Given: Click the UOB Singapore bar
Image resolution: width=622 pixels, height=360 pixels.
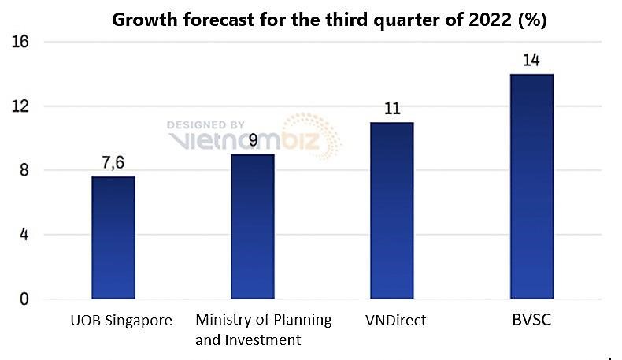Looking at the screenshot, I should tap(113, 238).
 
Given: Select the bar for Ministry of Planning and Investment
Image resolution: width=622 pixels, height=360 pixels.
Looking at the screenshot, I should tap(252, 227).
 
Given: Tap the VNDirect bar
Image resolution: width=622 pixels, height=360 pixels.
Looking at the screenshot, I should tap(391, 211).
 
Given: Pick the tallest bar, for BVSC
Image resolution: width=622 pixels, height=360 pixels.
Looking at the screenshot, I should tap(531, 187).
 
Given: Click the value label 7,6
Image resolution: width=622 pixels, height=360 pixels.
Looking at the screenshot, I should tap(113, 163).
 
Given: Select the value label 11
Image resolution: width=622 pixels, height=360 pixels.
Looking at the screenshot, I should tap(391, 109).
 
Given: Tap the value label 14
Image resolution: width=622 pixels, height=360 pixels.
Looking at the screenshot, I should tap(531, 61).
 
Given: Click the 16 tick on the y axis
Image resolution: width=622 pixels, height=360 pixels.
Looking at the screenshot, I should tap(20, 42).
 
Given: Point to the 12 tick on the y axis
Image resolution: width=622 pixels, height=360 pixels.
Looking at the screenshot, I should tap(20, 106).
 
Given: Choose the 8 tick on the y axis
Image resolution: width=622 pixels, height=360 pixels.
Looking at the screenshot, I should tap(24, 171).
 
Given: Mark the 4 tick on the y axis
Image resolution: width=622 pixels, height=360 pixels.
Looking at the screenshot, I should tap(24, 235).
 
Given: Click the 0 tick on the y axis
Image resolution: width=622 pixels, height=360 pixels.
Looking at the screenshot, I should tap(24, 299).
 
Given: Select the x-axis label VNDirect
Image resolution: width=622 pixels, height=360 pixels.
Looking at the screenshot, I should tap(395, 321).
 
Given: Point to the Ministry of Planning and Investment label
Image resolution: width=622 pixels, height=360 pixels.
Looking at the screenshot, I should tap(263, 330).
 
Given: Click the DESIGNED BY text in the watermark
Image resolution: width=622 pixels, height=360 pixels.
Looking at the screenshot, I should tap(205, 124).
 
